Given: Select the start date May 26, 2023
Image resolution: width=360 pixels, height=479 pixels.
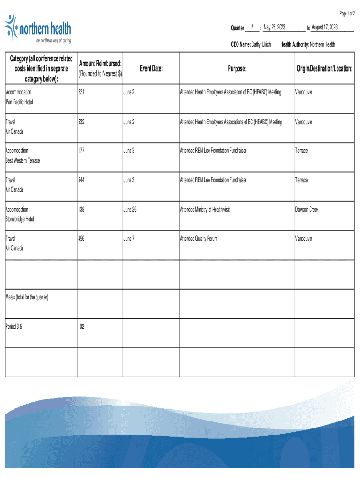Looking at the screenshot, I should pyautogui.click(x=274, y=28).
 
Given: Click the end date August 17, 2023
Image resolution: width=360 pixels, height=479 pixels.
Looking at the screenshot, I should pyautogui.click(x=324, y=28).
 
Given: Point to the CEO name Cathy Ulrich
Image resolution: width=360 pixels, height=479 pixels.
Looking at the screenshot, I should pyautogui.click(x=261, y=44).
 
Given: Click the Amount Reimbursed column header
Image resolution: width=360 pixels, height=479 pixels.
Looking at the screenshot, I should pyautogui.click(x=101, y=68).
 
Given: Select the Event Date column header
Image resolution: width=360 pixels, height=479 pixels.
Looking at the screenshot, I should pyautogui.click(x=151, y=69).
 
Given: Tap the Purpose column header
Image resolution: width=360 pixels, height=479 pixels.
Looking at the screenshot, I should pyautogui.click(x=237, y=69).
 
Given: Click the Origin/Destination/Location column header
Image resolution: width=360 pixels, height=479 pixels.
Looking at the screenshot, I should pyautogui.click(x=324, y=69).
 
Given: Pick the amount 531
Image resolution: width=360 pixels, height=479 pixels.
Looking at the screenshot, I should pyautogui.click(x=82, y=93).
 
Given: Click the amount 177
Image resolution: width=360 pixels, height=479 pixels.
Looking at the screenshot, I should pyautogui.click(x=82, y=151).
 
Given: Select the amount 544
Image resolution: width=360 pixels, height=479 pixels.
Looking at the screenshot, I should pyautogui.click(x=82, y=180).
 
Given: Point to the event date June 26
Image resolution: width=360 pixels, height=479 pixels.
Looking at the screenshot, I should pyautogui.click(x=130, y=210).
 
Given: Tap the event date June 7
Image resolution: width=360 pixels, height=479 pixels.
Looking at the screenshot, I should pyautogui.click(x=129, y=239).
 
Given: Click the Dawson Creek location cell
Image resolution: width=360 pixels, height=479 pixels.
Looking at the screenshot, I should pyautogui.click(x=307, y=210).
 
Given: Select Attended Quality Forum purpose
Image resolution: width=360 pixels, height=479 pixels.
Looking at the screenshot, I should pyautogui.click(x=199, y=239).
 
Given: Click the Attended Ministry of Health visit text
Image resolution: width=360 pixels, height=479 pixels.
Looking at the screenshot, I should pyautogui.click(x=205, y=210).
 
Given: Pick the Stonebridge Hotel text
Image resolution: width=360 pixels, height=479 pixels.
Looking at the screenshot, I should pyautogui.click(x=20, y=219).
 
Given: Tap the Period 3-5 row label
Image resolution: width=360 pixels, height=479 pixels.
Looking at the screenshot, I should pyautogui.click(x=14, y=326).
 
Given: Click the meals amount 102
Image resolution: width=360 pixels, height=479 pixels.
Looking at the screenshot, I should pyautogui.click(x=82, y=326).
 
